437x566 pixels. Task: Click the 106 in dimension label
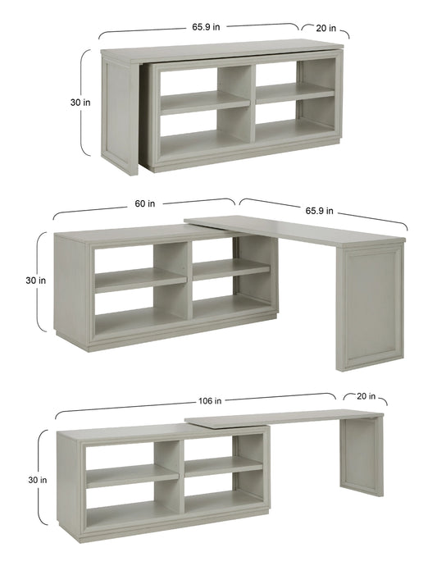(x=211, y=401)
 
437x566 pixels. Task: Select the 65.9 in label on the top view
(x=207, y=27)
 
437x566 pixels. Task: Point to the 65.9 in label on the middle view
(x=319, y=210)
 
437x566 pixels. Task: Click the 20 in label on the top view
(x=325, y=28)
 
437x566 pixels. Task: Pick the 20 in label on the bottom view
(x=366, y=397)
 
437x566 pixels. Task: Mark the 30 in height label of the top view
(x=75, y=103)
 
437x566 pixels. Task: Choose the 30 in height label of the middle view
(x=35, y=281)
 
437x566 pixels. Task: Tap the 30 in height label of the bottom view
(x=35, y=479)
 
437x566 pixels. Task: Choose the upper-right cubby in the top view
(x=294, y=81)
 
